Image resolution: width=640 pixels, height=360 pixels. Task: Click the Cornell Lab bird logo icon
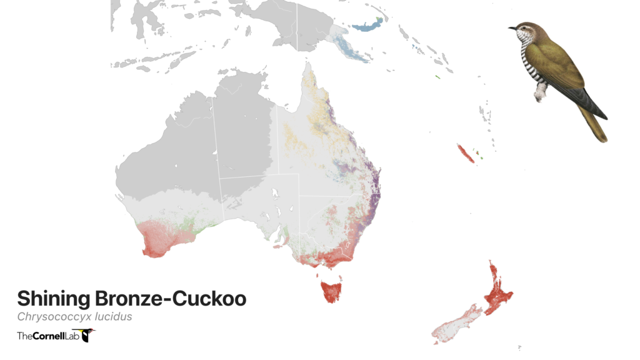click(88, 336)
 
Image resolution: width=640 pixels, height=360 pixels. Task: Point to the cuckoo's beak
click(512, 27)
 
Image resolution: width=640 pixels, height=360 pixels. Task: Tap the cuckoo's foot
click(539, 95)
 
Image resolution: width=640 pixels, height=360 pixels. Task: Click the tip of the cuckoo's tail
click(602, 138)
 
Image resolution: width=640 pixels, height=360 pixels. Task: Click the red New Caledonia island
click(466, 153)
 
